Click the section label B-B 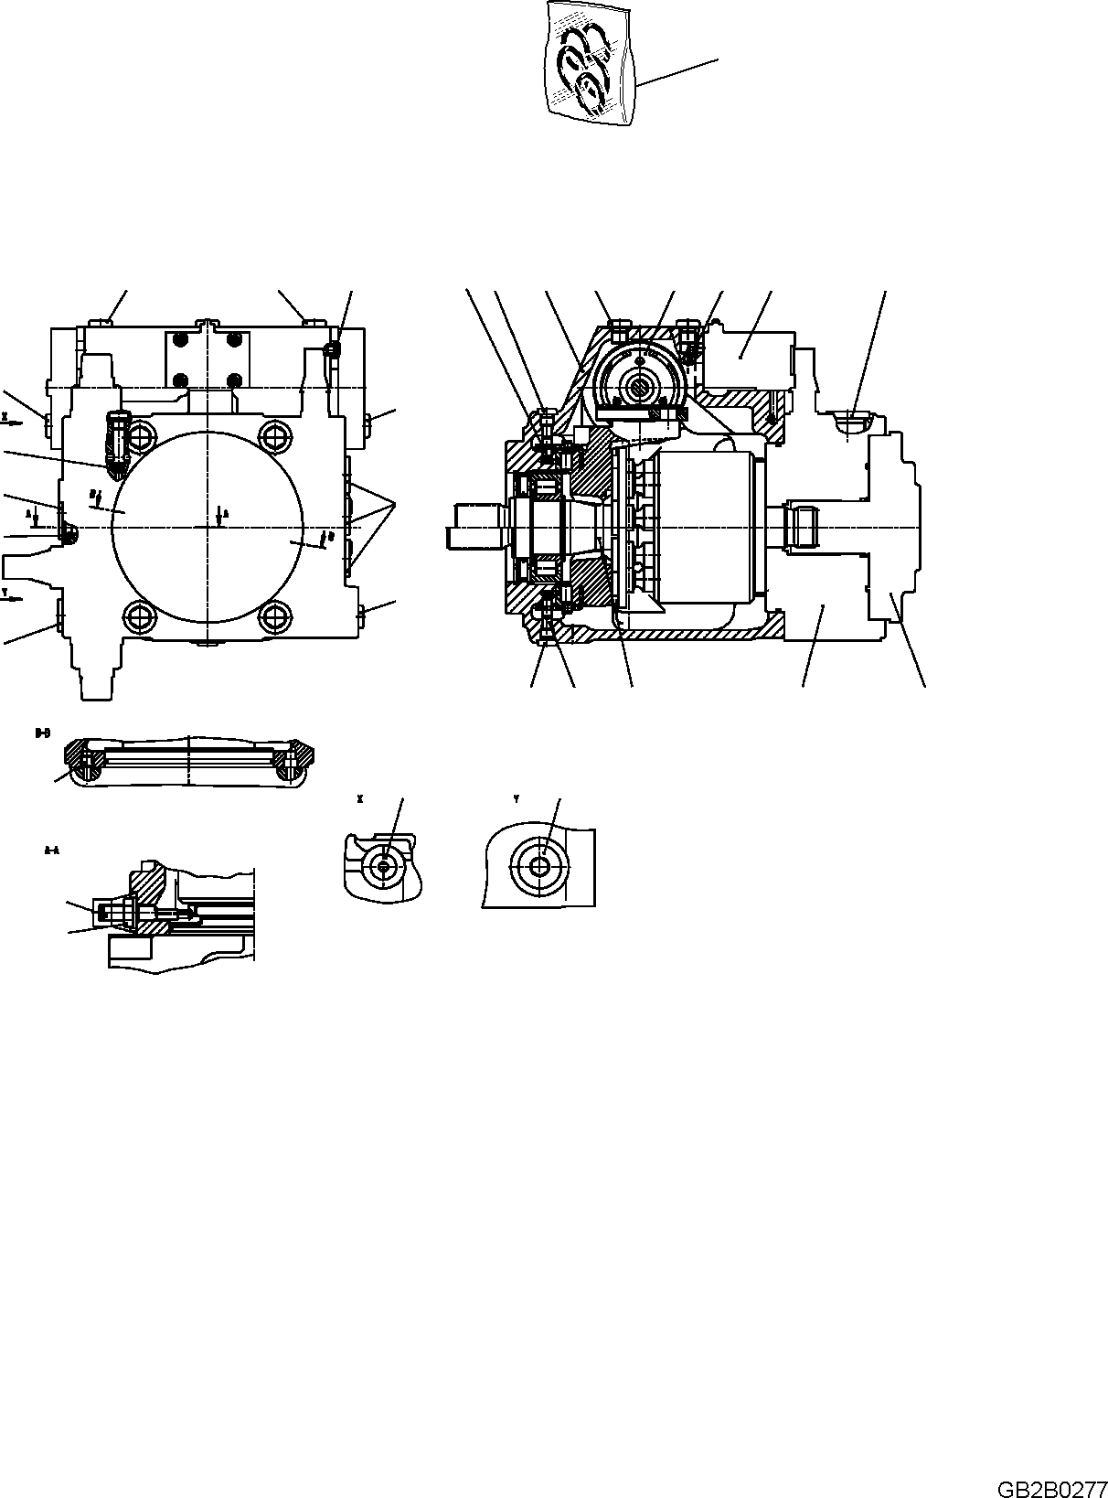(41, 733)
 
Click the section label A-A (52, 851)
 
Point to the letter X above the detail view (359, 798)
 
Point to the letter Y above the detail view (516, 798)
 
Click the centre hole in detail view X (385, 864)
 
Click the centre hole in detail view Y (542, 862)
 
